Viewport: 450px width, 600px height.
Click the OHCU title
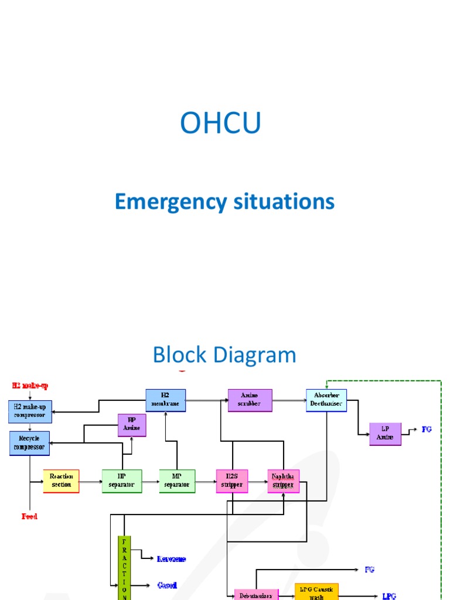coord(220,123)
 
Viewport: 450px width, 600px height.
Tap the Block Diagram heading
coord(224,355)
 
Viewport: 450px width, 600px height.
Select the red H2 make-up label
coord(30,386)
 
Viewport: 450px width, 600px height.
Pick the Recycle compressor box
coord(29,443)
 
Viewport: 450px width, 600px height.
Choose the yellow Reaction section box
coord(62,481)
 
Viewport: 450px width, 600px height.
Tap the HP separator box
coord(122,481)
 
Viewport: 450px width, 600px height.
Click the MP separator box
coord(177,481)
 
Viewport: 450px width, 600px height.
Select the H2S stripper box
coord(231,481)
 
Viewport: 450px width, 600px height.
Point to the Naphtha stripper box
coord(284,481)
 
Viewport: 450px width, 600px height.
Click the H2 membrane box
coord(165,400)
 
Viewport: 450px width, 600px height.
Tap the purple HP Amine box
coord(132,425)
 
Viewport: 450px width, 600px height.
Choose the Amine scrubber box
coord(250,400)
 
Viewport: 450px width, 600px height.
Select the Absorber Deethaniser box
coord(326,400)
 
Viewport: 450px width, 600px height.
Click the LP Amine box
coord(385,434)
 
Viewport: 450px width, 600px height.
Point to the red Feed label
coord(29,517)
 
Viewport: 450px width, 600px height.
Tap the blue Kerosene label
coord(172,559)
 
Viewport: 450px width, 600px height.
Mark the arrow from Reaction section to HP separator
coord(91,482)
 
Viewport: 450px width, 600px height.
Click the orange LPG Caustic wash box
coord(316,592)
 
